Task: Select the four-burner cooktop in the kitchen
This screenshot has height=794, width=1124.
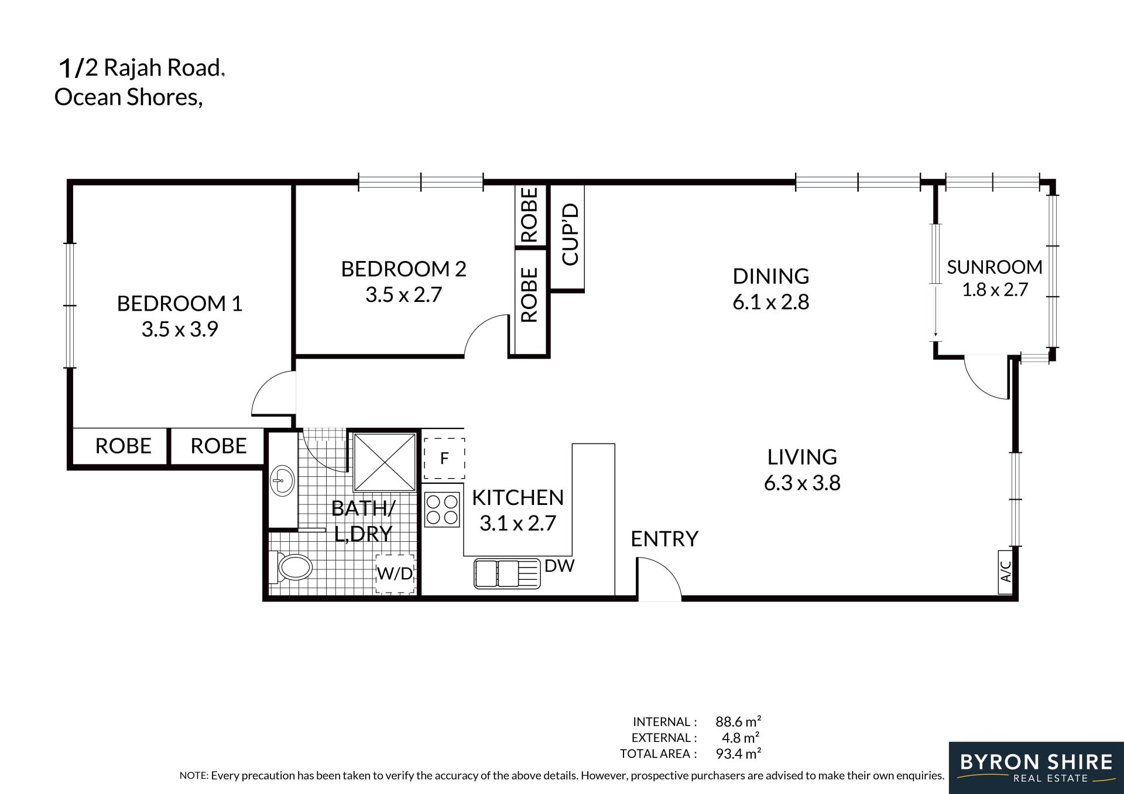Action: point(442,510)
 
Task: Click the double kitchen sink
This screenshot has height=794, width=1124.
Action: point(507,573)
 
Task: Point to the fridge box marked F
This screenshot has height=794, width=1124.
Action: point(444,459)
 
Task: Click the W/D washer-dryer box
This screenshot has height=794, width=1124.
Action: point(395,573)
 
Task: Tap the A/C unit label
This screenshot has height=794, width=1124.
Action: point(1006,572)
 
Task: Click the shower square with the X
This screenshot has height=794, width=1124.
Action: point(385,462)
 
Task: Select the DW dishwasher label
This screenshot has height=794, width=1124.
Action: point(560,566)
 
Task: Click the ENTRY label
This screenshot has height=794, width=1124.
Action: point(664,539)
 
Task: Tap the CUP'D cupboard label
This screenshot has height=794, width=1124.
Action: point(570,234)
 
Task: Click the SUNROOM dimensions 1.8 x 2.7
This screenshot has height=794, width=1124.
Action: point(995,290)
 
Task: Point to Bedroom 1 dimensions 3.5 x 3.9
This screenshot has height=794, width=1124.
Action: point(180,329)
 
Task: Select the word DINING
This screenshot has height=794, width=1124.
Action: point(771,276)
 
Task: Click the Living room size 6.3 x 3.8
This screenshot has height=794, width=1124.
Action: point(802,483)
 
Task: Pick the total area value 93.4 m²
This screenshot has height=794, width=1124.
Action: point(738,754)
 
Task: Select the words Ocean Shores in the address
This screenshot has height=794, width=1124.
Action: point(129,97)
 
